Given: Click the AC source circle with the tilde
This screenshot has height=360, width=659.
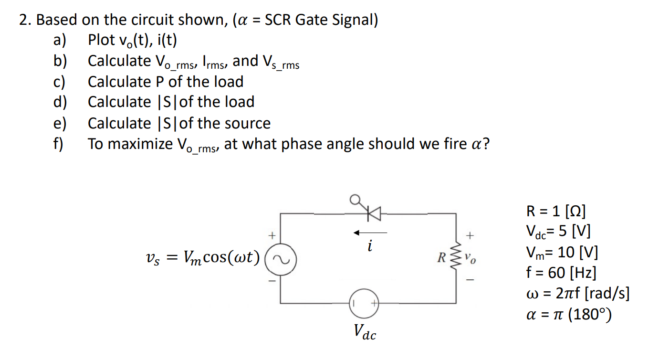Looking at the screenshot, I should pyautogui.click(x=280, y=258).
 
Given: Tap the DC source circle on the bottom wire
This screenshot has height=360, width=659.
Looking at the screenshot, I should pyautogui.click(x=363, y=303).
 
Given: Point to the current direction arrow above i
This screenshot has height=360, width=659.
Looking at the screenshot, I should pyautogui.click(x=370, y=233).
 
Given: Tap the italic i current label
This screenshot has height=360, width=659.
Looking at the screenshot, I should pyautogui.click(x=370, y=247).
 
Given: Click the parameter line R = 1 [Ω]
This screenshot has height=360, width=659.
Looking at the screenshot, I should pyautogui.click(x=556, y=211).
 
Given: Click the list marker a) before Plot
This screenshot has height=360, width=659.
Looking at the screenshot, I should pyautogui.click(x=60, y=40).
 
